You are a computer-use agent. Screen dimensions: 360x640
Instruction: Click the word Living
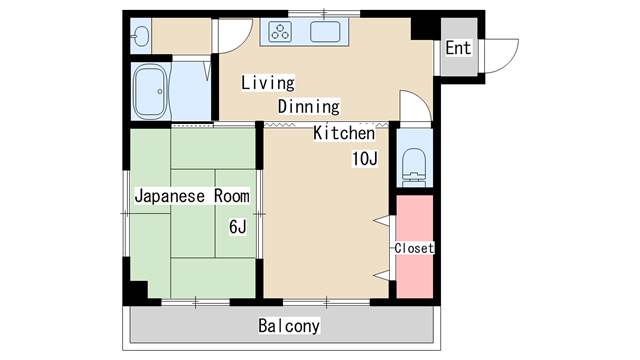267,82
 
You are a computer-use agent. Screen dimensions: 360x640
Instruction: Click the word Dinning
308,106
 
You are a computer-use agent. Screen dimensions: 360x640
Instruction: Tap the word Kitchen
344,133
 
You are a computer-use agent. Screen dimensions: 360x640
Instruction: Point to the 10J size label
363,159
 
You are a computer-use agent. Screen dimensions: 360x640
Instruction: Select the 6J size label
238,226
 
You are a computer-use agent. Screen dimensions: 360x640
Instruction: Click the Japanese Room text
192,196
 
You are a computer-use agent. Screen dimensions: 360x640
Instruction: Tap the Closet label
413,248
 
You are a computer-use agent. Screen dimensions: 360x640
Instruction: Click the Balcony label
288,326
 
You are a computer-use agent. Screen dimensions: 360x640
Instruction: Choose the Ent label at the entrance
458,48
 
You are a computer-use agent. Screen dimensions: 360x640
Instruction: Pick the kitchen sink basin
326,32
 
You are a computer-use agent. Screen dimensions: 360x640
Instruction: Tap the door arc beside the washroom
230,36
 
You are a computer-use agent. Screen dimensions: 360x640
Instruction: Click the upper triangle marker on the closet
380,219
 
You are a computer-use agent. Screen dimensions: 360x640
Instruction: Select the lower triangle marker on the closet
380,273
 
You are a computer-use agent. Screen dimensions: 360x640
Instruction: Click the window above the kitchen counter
306,14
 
